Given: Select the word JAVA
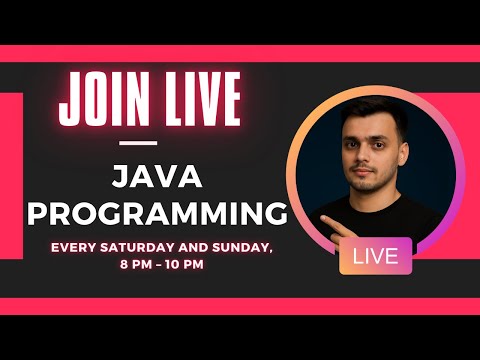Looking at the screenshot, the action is (157, 177).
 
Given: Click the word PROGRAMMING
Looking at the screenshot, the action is (157, 213).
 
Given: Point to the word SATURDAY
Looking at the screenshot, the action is (138, 248).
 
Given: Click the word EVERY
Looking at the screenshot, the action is (74, 248).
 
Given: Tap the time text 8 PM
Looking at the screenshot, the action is (136, 265).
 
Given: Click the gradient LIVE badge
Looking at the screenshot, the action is (376, 256).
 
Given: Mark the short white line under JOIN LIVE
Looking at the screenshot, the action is (138, 143).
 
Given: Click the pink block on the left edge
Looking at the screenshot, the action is (11, 176).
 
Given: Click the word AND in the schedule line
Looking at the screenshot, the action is (194, 248).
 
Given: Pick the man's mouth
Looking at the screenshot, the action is (363, 172).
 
